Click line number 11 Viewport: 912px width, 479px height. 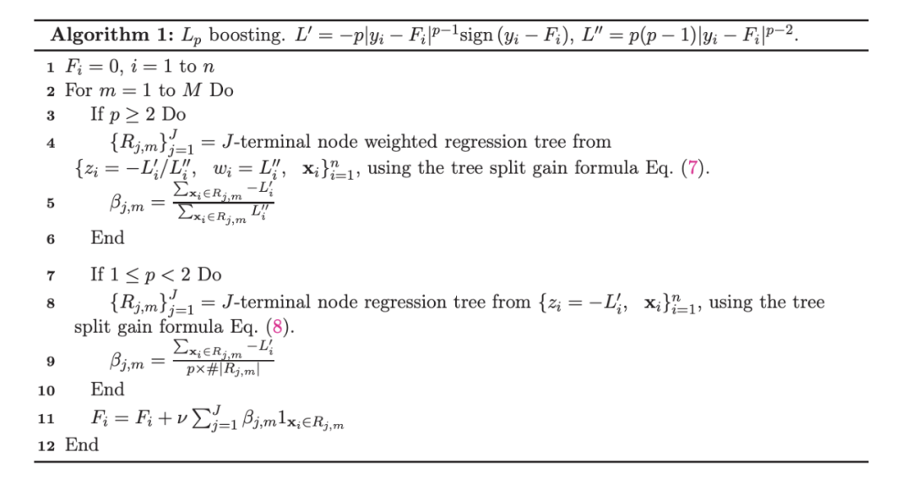tap(47, 418)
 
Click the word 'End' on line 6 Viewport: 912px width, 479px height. tap(107, 238)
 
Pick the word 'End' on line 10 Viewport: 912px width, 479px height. tap(107, 389)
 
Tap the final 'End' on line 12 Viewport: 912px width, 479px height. tap(82, 445)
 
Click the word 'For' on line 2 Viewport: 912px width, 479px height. tap(79, 90)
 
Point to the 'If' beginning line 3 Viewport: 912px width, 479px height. tap(98, 114)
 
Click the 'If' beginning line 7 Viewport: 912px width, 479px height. tap(98, 275)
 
